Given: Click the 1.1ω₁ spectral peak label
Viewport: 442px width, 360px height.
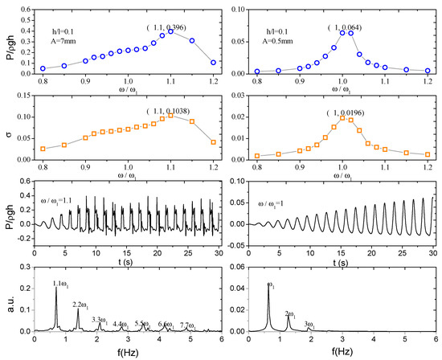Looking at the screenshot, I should tap(61, 283).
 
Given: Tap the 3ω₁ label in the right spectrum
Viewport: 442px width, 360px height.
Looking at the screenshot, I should tap(310, 324).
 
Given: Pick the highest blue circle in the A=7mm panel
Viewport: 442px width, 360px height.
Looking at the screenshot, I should tap(170, 31).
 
